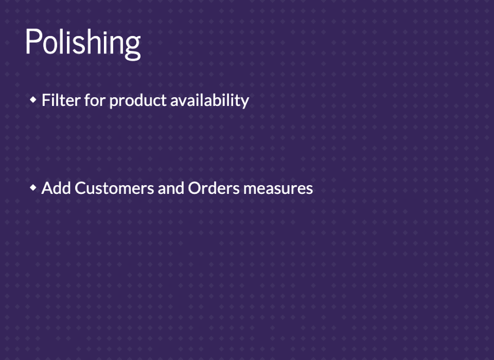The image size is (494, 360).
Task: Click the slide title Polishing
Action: pos(83,43)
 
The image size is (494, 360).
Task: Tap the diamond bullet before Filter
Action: pos(33,100)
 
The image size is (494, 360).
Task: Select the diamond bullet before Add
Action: pos(33,188)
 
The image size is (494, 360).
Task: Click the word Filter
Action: pos(61,100)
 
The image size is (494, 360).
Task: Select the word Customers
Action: pos(114,188)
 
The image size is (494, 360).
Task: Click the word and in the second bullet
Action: pos(171,188)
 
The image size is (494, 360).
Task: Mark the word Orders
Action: pos(214,188)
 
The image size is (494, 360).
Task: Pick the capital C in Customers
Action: pos(81,188)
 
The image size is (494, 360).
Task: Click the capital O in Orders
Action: pos(195,188)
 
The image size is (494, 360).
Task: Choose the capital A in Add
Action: pos(47,188)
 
